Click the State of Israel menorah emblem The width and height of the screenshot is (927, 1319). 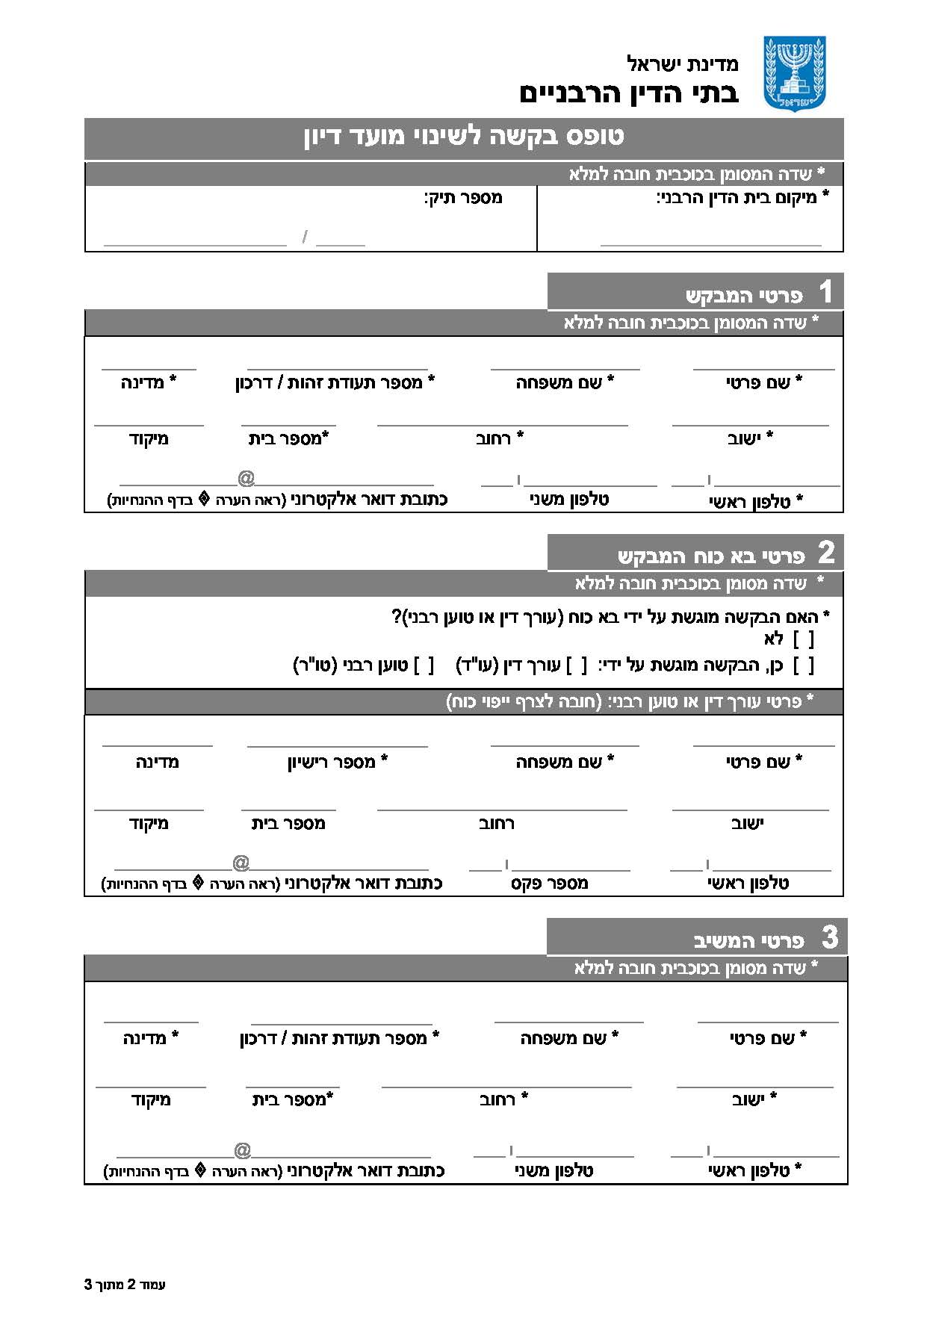794,73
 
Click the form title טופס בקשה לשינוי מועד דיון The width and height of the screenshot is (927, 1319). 464,137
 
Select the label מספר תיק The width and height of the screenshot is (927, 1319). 463,198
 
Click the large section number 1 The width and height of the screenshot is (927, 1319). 825,292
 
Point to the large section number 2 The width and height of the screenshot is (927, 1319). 825,553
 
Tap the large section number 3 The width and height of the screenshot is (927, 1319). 829,937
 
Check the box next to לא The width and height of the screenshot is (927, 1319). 803,639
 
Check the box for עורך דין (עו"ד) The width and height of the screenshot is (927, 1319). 577,665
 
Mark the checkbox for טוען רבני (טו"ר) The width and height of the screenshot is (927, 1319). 424,665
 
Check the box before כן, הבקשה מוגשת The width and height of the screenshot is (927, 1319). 803,665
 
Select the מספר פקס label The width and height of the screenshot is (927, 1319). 550,884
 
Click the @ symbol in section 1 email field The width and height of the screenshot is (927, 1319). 246,478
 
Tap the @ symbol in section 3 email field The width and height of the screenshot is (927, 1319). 242,1150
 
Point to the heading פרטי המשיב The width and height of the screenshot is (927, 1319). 748,940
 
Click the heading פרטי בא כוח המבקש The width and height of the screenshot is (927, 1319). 710,556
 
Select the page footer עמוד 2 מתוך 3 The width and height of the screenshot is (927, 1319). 125,1285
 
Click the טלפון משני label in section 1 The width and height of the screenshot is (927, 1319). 569,500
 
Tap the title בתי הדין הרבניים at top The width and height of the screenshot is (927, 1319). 628,93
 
